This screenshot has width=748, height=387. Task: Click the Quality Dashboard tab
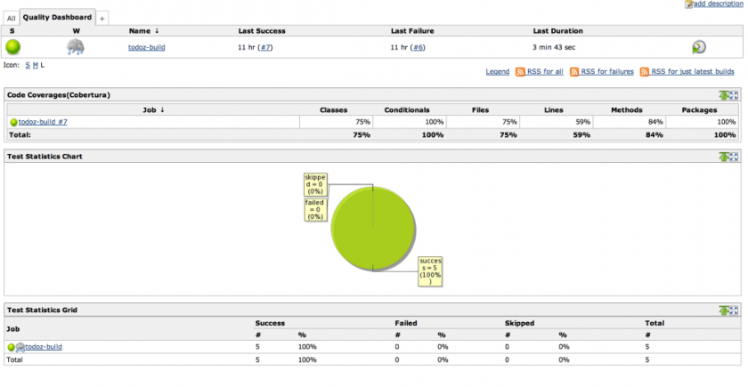tap(57, 17)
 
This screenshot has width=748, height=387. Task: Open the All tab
tap(12, 18)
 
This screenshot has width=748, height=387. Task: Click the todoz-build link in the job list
tap(146, 47)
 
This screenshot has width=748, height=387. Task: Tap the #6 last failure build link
tap(418, 47)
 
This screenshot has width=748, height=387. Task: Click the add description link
tap(717, 4)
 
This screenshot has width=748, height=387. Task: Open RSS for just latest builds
tap(692, 71)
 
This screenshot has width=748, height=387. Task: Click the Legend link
tap(497, 71)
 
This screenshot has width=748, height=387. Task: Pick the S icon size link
tap(27, 65)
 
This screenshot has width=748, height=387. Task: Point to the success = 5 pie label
tap(430, 270)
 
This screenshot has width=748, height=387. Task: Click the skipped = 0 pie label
tap(315, 184)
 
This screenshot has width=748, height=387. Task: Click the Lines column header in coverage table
tap(553, 110)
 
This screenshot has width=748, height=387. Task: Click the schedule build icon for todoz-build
tap(699, 47)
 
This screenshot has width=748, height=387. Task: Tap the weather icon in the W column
tap(77, 47)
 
